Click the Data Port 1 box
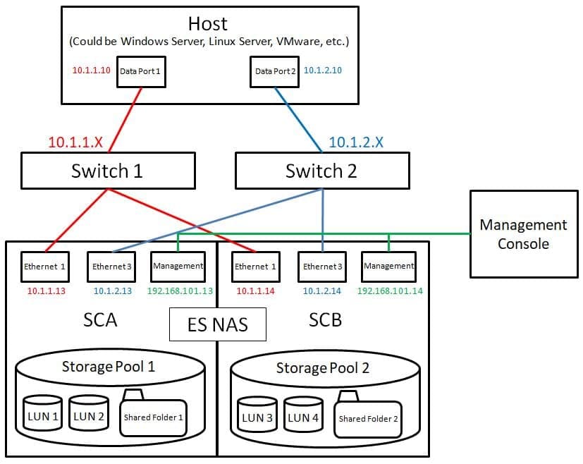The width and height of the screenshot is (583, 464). point(141,72)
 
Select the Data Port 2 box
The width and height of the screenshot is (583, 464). point(274,72)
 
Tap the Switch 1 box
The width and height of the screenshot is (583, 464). point(108,171)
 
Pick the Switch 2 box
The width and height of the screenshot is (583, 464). point(322,171)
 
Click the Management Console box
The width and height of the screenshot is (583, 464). point(524,234)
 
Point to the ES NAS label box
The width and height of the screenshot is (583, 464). point(218,324)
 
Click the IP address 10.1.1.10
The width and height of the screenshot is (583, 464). point(91,71)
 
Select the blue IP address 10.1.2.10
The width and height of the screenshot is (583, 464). point(323,71)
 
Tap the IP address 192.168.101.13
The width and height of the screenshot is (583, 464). point(180,291)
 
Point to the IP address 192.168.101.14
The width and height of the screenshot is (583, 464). point(390,291)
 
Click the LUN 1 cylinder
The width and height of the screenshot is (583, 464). point(43,413)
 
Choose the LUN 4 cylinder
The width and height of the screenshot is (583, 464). point(303,414)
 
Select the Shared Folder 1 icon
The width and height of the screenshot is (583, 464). point(153,413)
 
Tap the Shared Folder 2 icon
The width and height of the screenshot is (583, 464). point(368,414)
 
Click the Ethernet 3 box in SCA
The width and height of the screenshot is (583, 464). point(111,267)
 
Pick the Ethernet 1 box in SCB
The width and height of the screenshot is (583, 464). point(255,267)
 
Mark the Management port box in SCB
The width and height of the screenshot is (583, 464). point(388,267)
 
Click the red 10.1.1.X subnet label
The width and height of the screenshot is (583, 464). point(75,142)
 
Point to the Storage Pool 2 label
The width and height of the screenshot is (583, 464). point(323,368)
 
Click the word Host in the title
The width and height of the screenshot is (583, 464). point(207,24)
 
